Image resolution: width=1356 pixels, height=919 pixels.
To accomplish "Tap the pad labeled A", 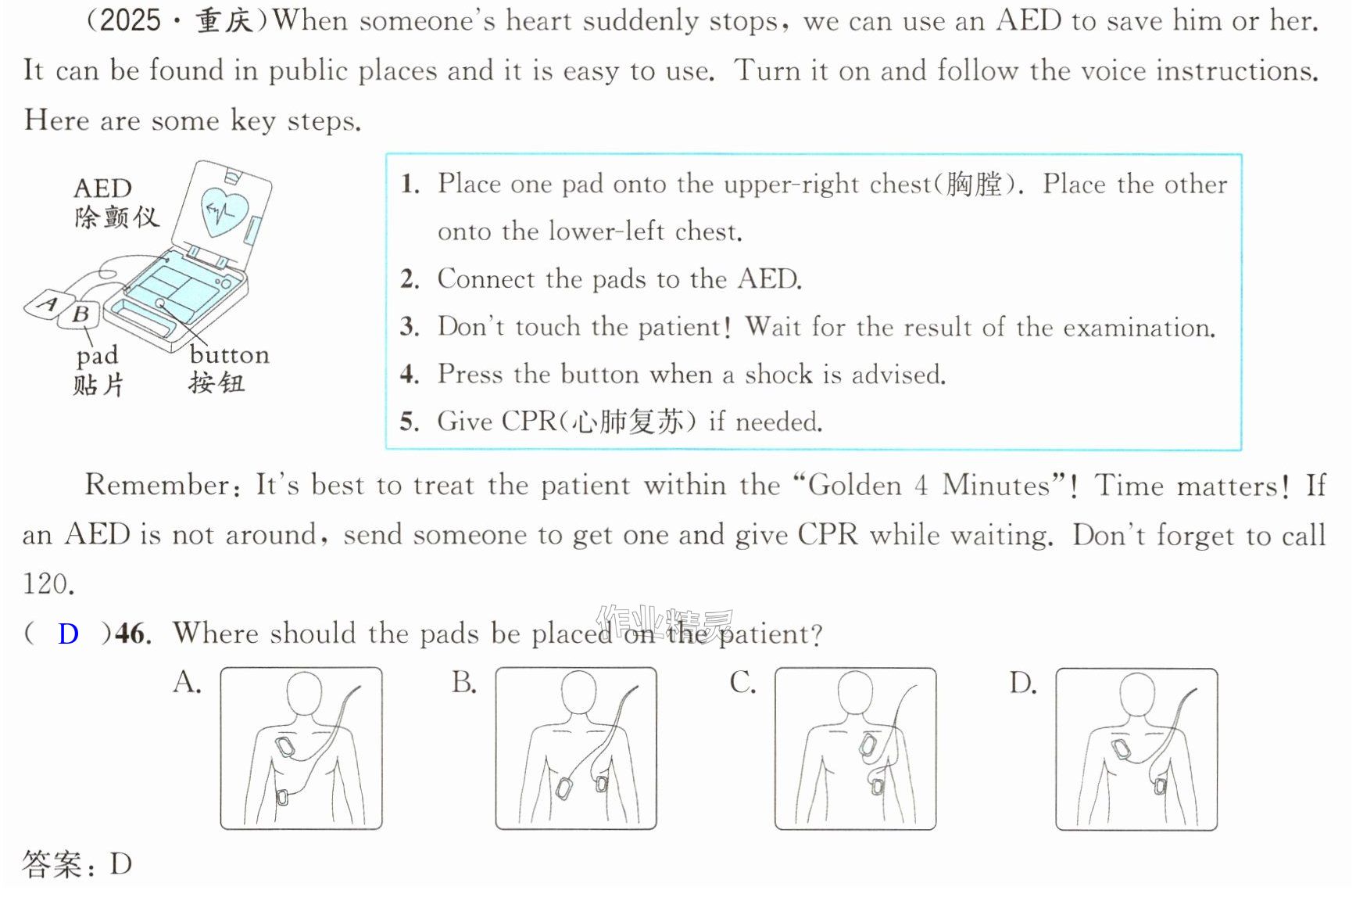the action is [48, 304].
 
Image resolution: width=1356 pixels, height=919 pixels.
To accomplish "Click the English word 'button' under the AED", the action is [229, 355].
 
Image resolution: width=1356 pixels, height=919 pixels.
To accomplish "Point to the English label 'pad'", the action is [97, 357].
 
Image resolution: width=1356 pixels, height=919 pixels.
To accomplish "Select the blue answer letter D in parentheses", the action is [68, 634].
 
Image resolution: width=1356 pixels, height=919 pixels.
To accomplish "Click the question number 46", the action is [132, 633].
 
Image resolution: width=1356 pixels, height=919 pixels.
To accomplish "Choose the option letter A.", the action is [187, 682].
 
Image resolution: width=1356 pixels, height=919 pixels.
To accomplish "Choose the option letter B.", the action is [463, 682].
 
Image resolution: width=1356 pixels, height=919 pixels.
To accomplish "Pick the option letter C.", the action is [742, 682].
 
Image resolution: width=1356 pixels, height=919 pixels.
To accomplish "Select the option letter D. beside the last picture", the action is [1022, 683].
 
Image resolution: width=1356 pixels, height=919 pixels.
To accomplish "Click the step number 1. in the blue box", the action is [410, 184].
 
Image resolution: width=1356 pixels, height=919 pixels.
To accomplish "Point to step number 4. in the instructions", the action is [410, 374].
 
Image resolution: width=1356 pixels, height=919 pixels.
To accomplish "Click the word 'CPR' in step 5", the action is [528, 421].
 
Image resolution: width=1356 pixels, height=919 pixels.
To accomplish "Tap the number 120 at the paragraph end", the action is [48, 583].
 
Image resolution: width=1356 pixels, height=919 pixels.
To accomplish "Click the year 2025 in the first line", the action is [131, 20].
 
